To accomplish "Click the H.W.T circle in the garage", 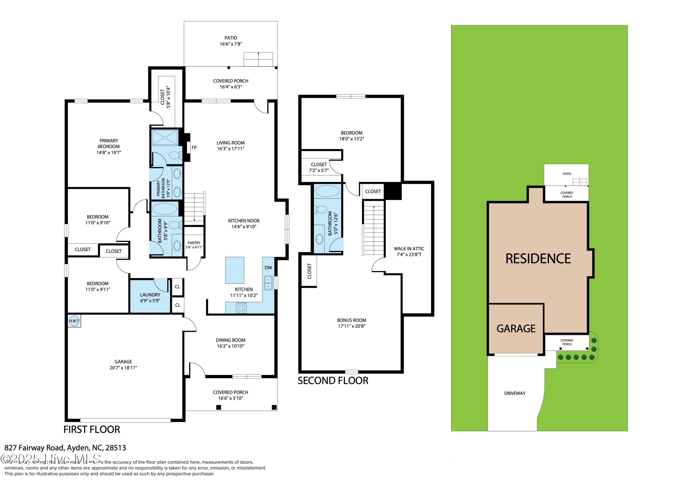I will pos(74,321).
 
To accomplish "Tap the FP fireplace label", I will pos(194,148).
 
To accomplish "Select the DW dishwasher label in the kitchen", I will pos(268,268).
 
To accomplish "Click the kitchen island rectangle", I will pos(235,270).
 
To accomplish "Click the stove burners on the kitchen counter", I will pos(241,308).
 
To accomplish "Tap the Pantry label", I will pos(194,243).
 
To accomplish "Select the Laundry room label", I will pos(150,295).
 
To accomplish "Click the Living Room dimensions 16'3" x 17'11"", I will pos(231,149).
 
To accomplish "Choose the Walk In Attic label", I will pos(409,249).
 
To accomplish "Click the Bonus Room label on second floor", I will pos(351,320).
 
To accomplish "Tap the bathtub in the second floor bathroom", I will pos(327,191).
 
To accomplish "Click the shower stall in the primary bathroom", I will pos(165,137).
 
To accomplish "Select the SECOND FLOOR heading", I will pos(333,381).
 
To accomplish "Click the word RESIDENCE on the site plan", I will pos(538,259).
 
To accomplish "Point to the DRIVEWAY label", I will pos(515,393).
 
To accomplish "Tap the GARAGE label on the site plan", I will pos(516,329).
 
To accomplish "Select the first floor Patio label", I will pos(231,38).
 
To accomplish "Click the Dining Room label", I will pos(231,340).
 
